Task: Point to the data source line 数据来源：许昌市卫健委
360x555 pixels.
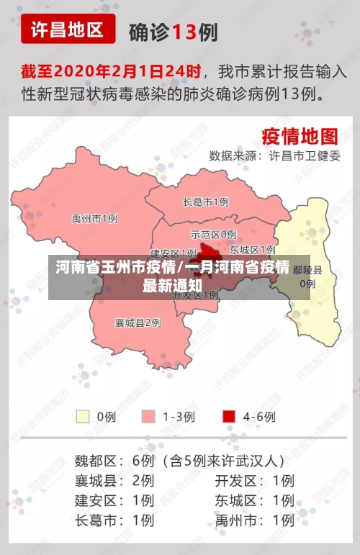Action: pos(274,155)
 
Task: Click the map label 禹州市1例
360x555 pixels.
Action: pos(94,218)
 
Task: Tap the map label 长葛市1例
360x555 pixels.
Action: pos(206,202)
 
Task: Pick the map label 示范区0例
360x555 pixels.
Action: pos(213,235)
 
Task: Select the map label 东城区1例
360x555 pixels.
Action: pos(252,250)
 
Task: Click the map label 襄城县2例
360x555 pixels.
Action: pos(138,323)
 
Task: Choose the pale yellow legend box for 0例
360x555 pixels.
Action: pos(84,416)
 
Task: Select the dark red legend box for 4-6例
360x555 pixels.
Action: pos(230,416)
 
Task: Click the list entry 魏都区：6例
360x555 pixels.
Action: pos(114,460)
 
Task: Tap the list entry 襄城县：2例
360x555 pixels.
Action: pos(114,480)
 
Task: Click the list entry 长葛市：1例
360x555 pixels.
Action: pos(114,519)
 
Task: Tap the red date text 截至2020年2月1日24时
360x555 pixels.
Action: pos(110,72)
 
